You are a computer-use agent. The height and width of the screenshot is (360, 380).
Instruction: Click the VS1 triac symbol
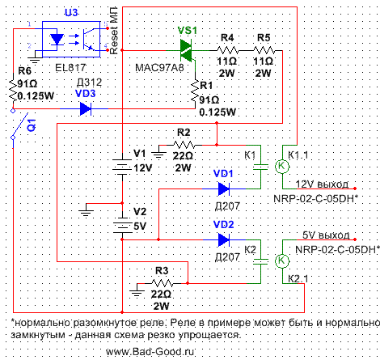[186, 50]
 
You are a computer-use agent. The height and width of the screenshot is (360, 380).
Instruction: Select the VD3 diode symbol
[86, 108]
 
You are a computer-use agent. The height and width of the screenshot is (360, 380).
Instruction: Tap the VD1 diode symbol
[224, 188]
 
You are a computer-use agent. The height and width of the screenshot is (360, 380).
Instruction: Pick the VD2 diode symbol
[224, 239]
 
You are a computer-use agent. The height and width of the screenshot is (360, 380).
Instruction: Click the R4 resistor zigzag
[228, 50]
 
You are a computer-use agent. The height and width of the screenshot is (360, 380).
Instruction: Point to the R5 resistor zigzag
[264, 50]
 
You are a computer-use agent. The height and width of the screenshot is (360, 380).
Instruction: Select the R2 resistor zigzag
[184, 145]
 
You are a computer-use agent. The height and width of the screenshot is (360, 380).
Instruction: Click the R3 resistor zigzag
[163, 283]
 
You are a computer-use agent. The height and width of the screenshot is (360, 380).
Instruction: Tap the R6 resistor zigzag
[13, 90]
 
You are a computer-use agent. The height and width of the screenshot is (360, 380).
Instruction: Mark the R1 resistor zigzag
[195, 91]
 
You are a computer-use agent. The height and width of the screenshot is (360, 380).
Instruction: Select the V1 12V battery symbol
[122, 164]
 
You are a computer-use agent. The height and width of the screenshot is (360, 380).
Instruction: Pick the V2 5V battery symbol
[122, 225]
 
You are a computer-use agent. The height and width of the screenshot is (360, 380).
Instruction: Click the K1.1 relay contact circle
[282, 167]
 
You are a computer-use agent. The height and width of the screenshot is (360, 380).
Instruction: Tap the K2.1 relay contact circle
[282, 260]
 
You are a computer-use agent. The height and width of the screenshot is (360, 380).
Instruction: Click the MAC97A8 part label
[159, 68]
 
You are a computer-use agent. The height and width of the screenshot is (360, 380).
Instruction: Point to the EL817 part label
[70, 67]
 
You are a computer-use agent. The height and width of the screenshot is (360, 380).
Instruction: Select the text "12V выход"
[322, 184]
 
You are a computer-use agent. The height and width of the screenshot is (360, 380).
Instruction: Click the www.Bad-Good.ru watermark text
[150, 352]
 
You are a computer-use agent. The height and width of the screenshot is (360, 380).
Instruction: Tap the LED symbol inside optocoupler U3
[57, 39]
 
